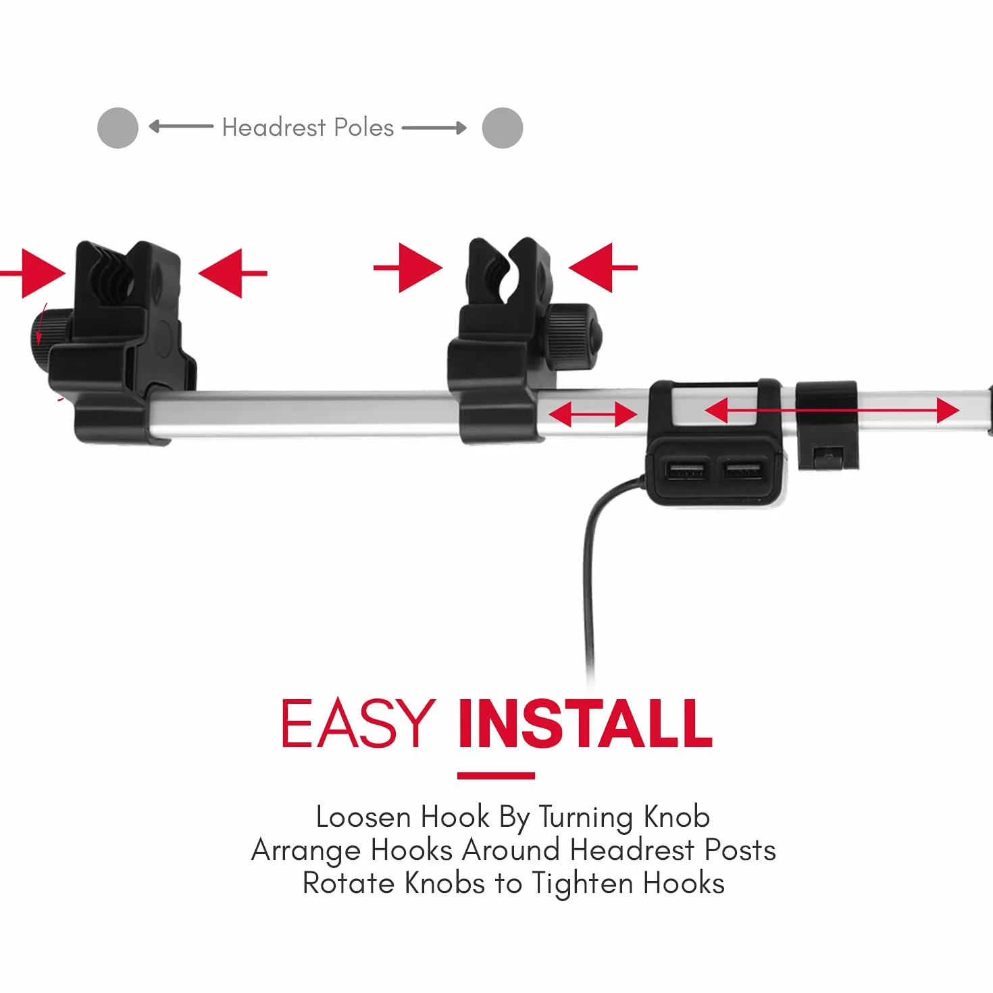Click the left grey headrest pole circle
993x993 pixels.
(118, 128)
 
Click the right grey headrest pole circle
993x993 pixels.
(503, 128)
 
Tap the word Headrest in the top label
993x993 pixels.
(274, 127)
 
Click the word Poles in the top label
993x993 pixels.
(364, 127)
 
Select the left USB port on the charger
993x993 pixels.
(685, 470)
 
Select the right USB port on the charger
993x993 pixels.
(742, 469)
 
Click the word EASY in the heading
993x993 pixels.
(359, 723)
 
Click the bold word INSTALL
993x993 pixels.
(586, 723)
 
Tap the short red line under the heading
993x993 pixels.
(496, 775)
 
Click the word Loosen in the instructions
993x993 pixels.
(363, 817)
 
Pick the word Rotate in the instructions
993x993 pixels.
(349, 884)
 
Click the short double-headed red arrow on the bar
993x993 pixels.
(593, 414)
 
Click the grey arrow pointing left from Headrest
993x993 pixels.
(181, 126)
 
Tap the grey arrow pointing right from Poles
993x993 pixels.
(434, 128)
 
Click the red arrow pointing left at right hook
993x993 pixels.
(603, 268)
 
